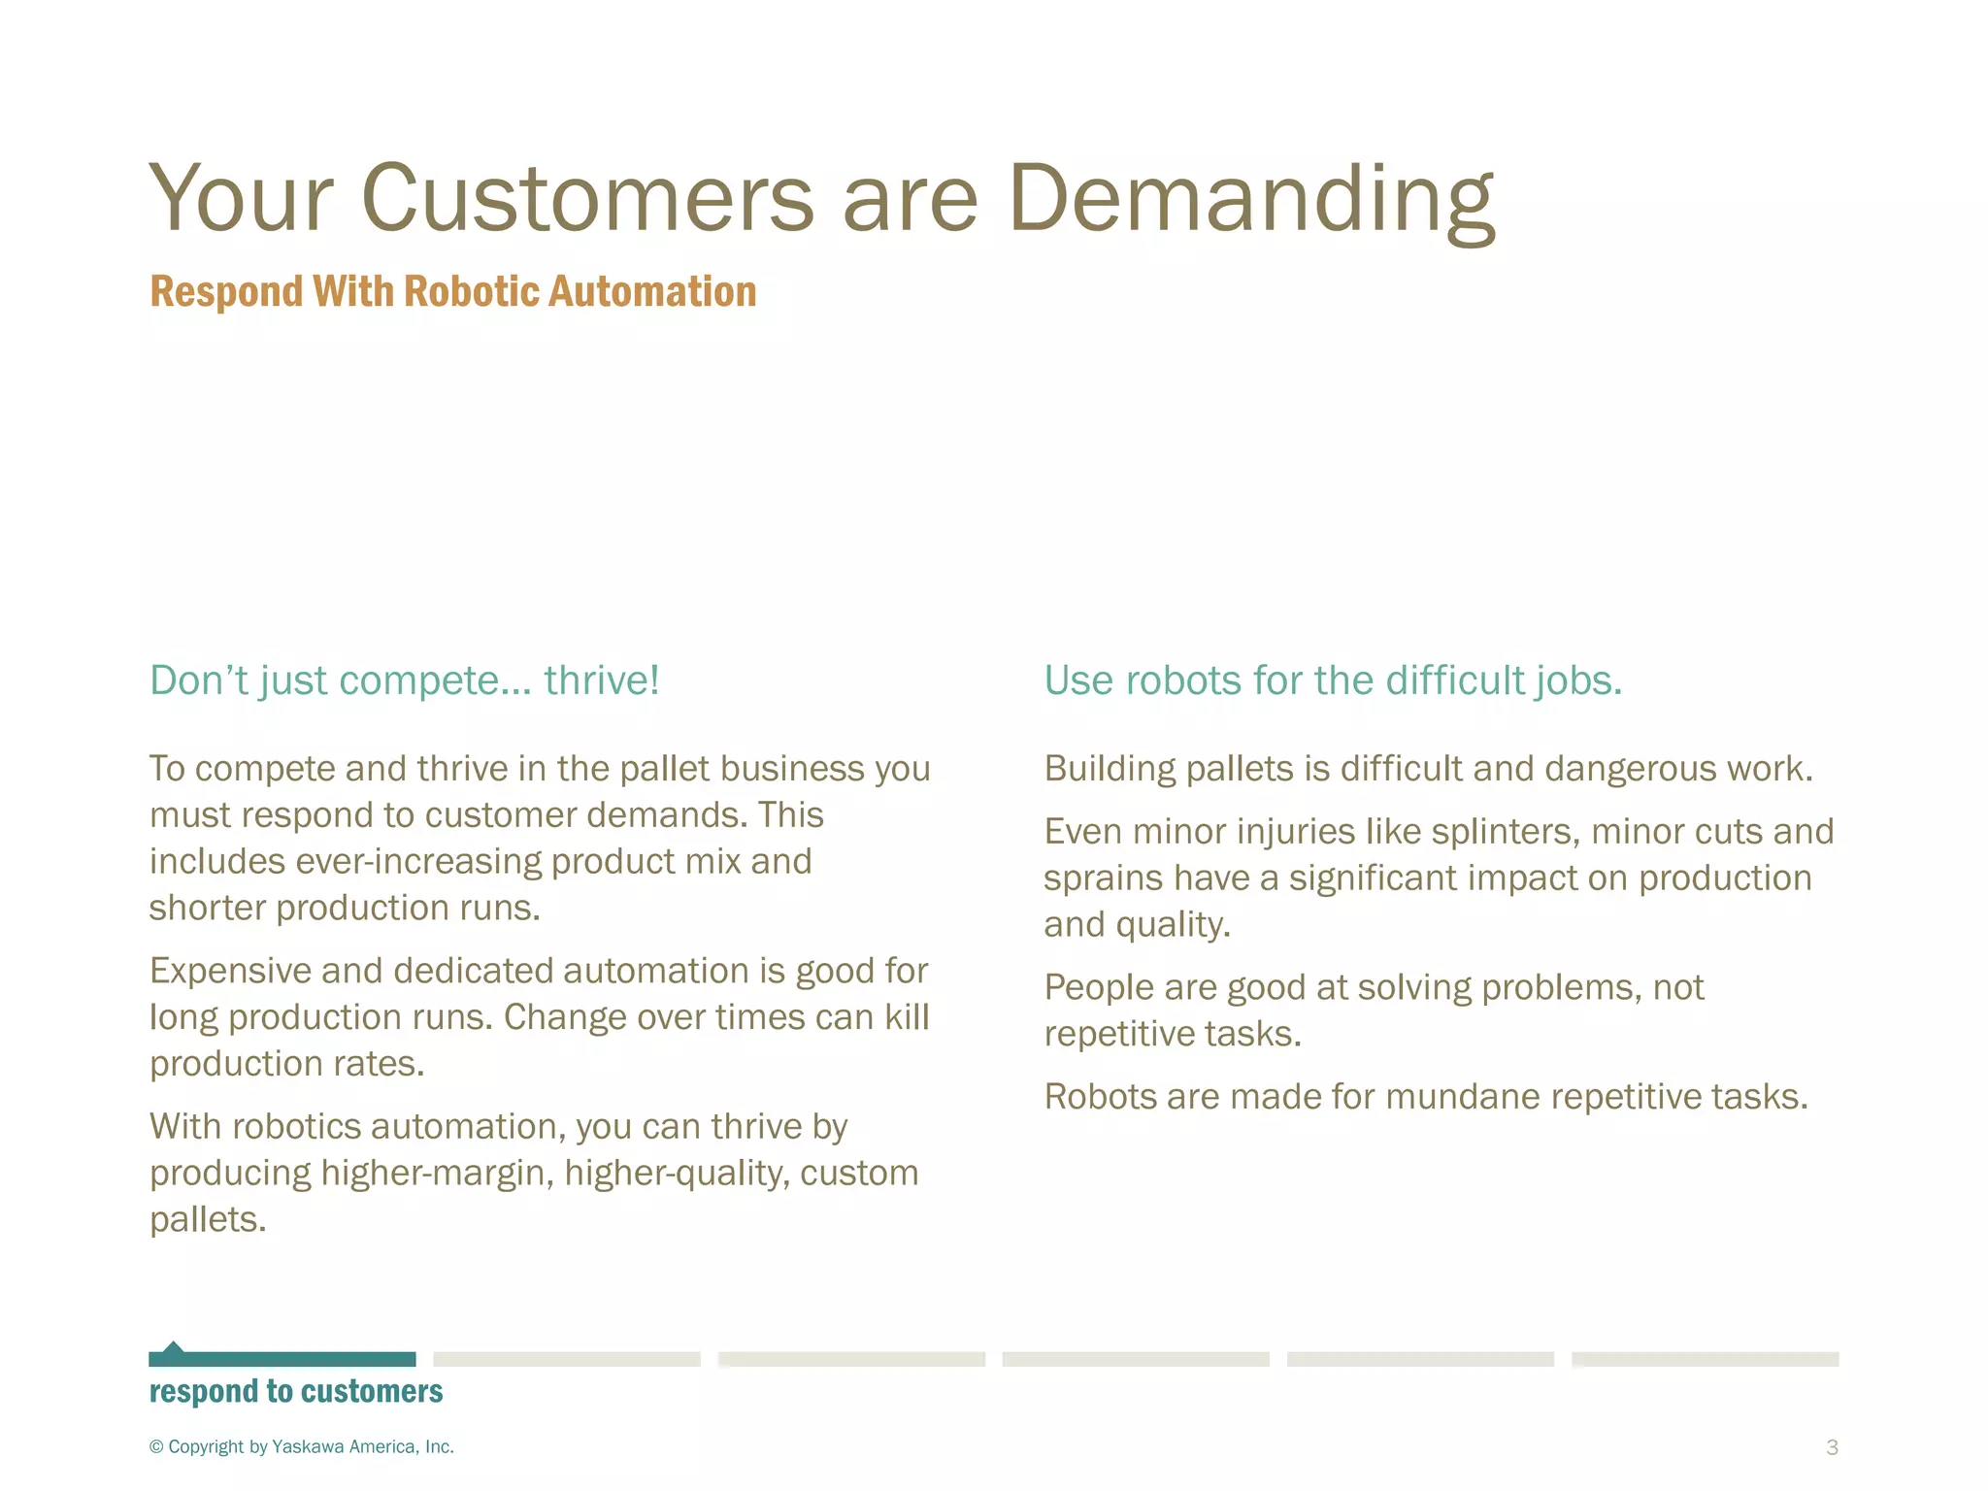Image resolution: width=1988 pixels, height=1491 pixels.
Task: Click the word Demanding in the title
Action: click(x=1251, y=199)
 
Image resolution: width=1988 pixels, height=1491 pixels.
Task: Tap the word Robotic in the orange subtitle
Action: click(x=471, y=291)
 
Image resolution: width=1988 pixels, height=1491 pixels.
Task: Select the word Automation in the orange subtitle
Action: click(x=651, y=291)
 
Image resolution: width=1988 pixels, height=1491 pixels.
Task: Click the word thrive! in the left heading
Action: click(x=602, y=680)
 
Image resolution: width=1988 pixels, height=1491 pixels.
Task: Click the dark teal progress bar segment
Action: click(x=282, y=1359)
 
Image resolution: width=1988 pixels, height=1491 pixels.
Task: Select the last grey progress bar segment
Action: click(x=1705, y=1359)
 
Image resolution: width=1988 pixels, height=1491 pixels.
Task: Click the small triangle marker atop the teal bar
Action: click(x=173, y=1346)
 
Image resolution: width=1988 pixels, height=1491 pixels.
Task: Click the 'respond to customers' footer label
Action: click(x=296, y=1392)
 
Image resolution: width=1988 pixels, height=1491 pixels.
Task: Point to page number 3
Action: click(x=1832, y=1447)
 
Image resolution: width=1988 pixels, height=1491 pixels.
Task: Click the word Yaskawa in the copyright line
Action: click(x=308, y=1446)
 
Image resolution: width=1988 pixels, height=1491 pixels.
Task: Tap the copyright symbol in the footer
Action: click(x=156, y=1447)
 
